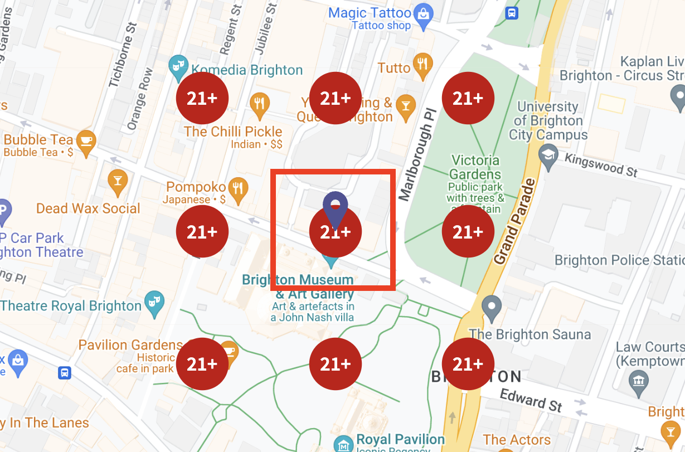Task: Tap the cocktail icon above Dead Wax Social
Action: pos(118,181)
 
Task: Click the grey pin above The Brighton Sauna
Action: pos(492,307)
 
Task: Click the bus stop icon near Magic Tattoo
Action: pos(511,13)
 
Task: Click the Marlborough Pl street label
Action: pos(415,162)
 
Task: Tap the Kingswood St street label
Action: pos(601,165)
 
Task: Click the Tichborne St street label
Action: pos(123,55)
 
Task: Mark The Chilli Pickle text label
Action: pos(233,132)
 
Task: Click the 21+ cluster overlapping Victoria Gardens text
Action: pos(468,231)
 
